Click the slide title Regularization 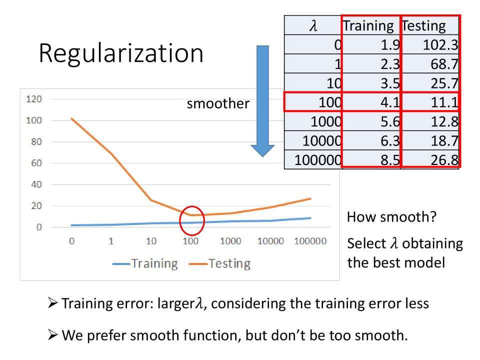point(121,52)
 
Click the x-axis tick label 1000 point(230,241)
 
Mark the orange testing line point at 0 point(71,118)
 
